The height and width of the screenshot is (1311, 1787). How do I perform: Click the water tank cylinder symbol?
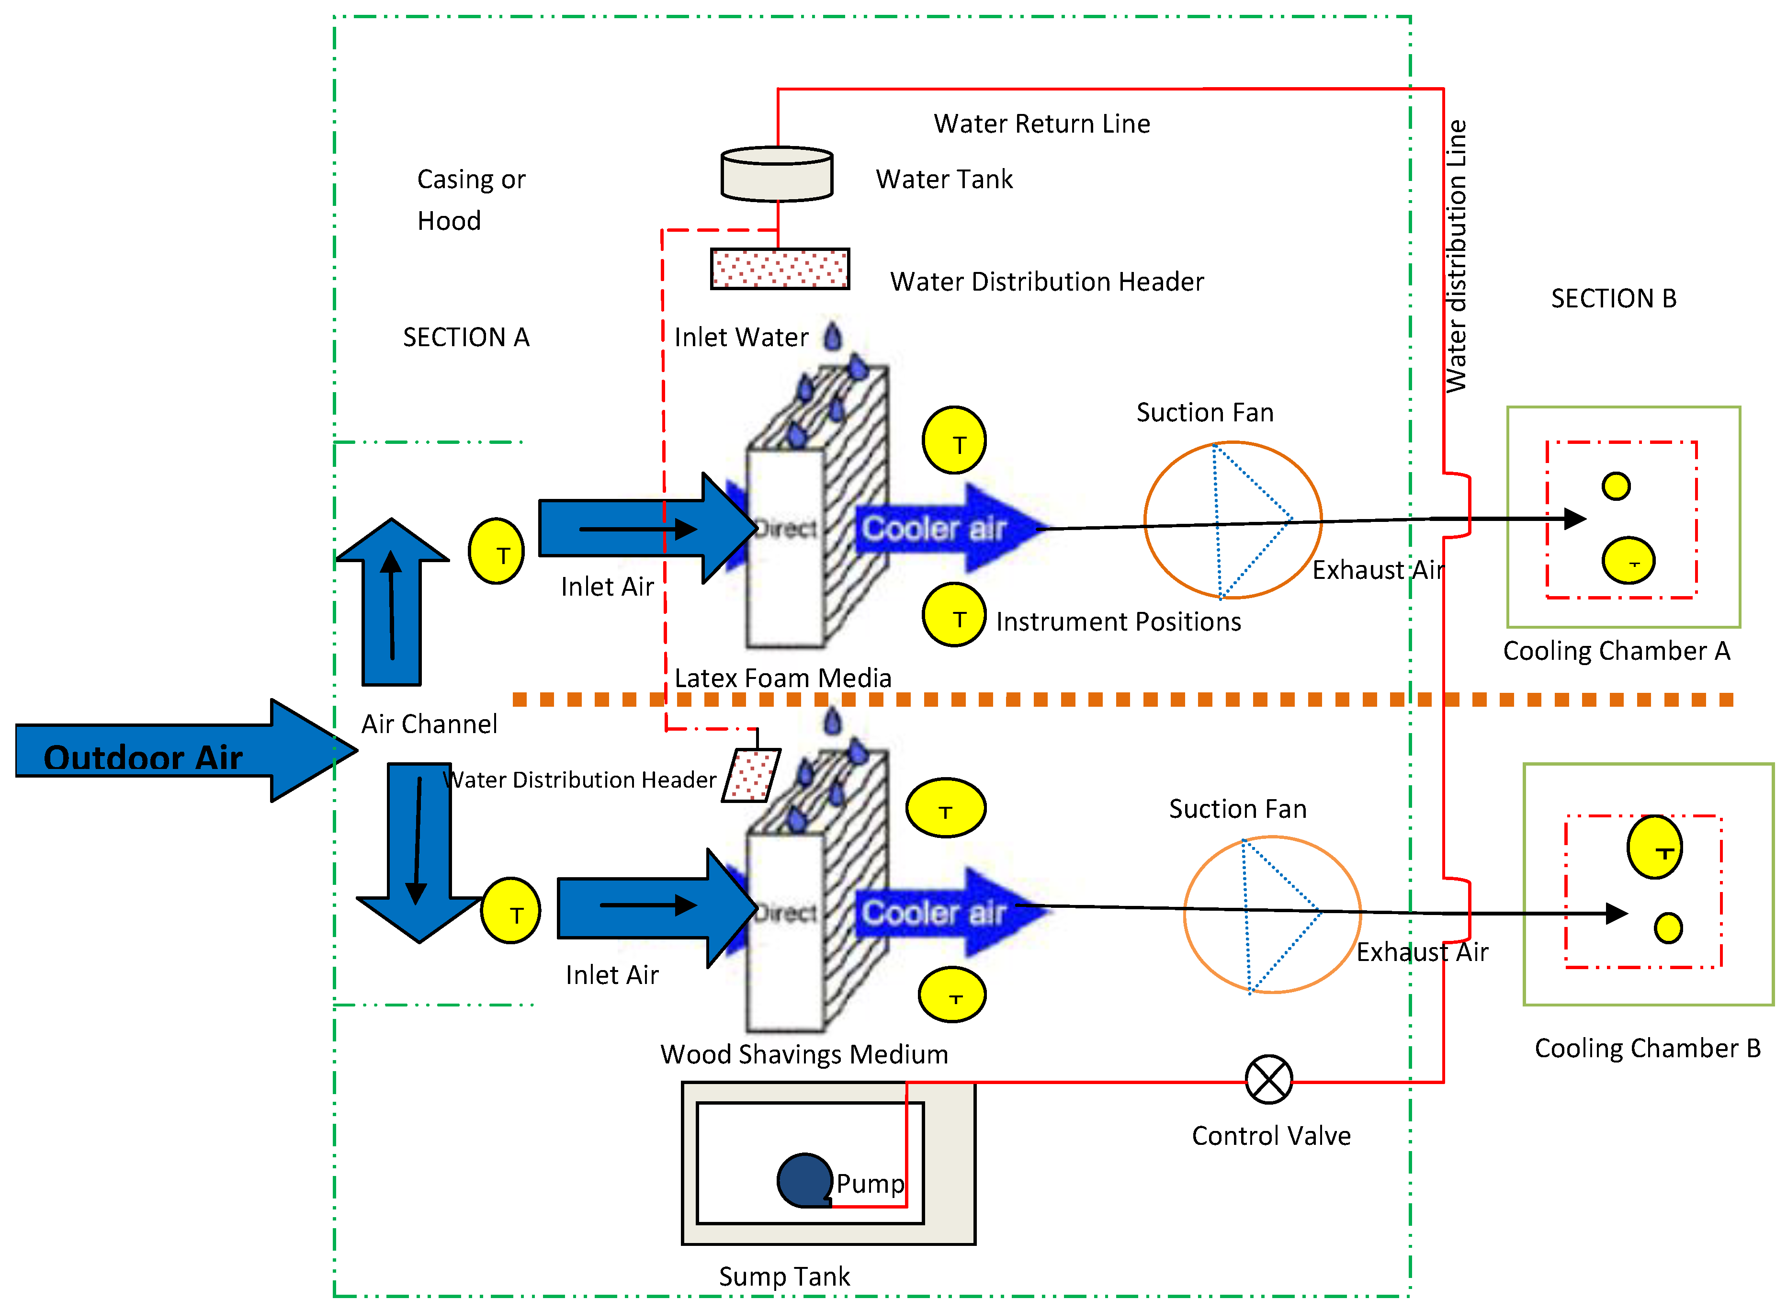tap(776, 174)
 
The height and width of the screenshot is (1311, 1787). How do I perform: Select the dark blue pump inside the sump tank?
tap(804, 1180)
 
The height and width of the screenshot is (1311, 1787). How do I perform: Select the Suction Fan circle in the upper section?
tap(1233, 520)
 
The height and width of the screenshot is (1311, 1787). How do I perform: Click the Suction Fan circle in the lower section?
tap(1271, 914)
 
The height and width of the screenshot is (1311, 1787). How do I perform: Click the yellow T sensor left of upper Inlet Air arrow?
tap(496, 552)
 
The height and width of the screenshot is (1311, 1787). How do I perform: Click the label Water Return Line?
tap(1041, 124)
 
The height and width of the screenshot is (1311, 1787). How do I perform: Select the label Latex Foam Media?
tap(782, 678)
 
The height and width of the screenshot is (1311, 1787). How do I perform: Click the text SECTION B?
tap(1613, 298)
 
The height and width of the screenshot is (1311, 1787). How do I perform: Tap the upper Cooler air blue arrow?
tap(948, 528)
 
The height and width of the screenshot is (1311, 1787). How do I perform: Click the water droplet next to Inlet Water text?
tap(832, 337)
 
